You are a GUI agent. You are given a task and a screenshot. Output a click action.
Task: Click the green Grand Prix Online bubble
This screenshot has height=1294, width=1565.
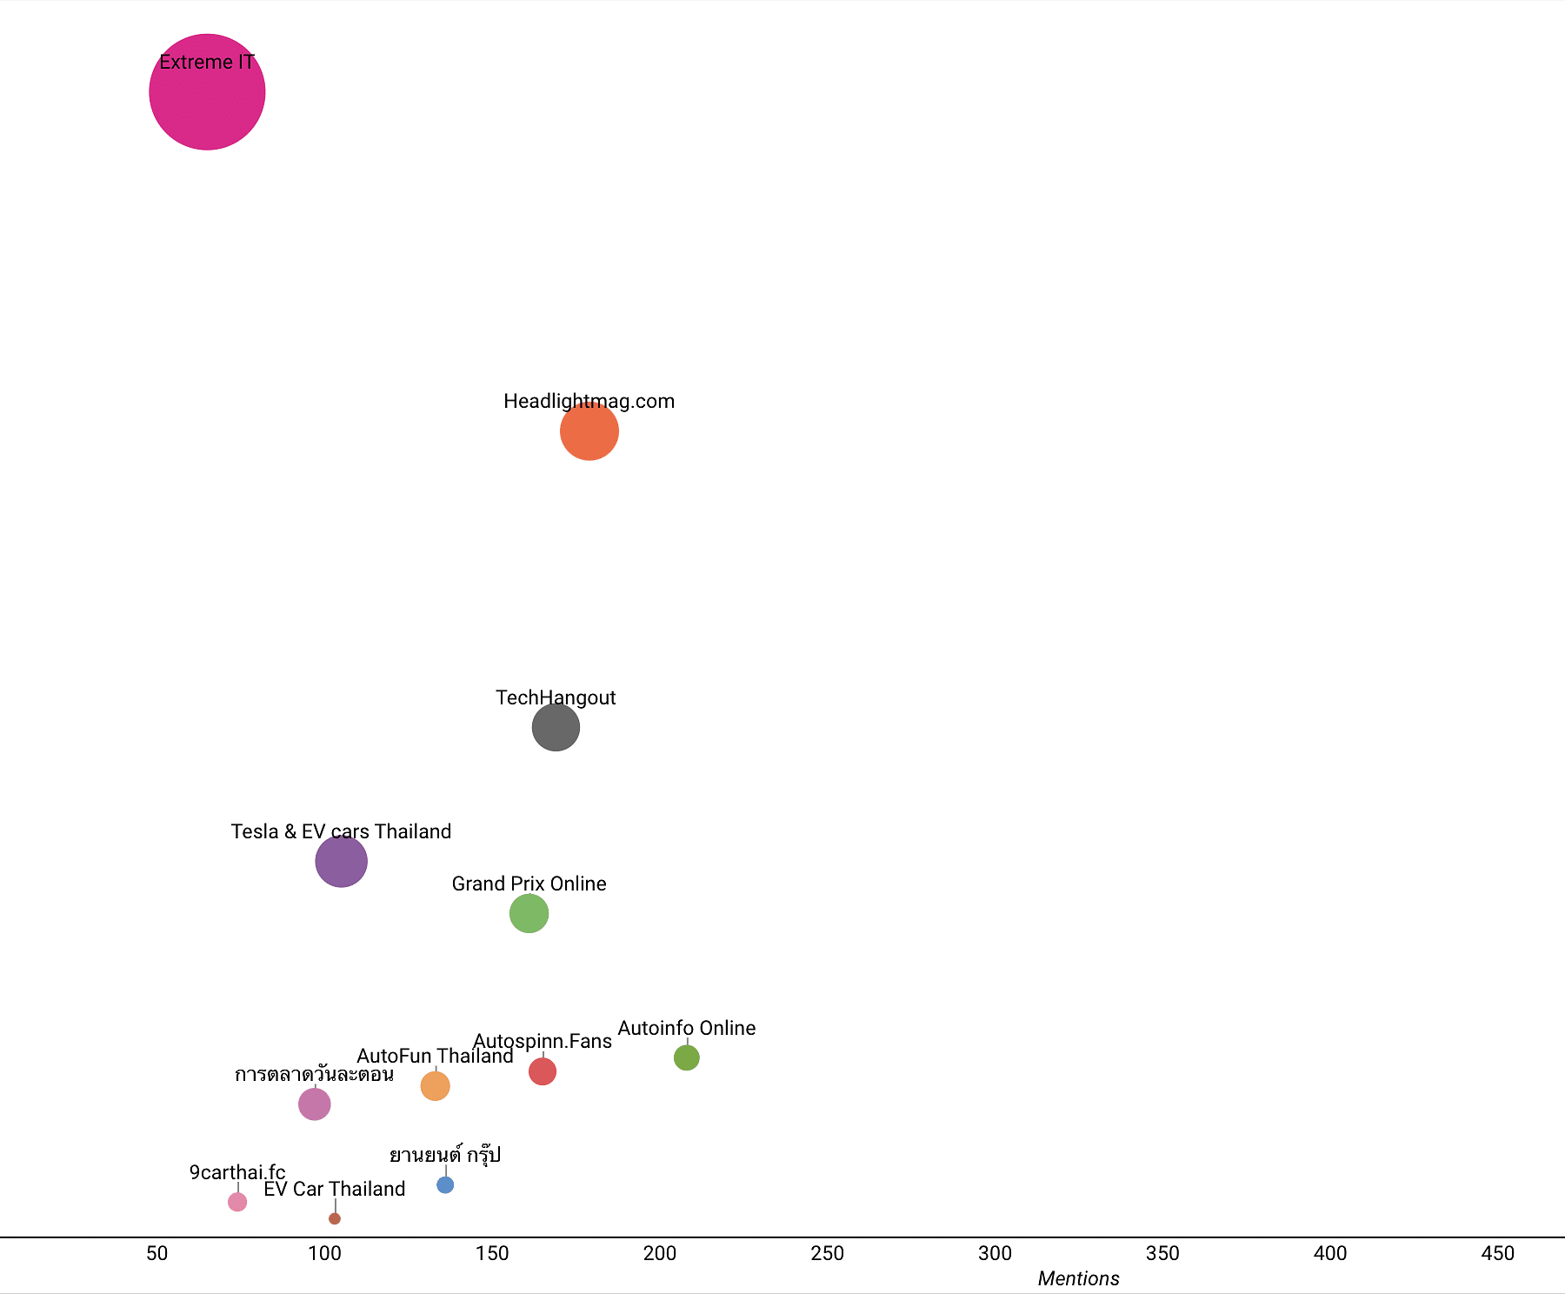point(529,914)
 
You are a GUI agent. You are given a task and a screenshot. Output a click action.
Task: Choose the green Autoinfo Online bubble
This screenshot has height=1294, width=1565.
point(687,1057)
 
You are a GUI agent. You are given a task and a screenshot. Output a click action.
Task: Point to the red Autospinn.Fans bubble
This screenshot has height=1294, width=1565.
point(543,1071)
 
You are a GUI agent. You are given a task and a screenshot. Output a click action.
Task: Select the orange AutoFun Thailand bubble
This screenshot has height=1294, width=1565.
point(435,1086)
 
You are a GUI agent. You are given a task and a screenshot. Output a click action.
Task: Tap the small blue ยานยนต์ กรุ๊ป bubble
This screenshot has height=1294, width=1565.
point(445,1184)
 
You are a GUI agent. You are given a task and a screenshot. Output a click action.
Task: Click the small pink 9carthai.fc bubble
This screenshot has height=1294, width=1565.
point(237,1202)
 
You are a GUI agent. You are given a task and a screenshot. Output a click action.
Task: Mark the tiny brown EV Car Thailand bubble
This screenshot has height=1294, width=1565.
point(335,1218)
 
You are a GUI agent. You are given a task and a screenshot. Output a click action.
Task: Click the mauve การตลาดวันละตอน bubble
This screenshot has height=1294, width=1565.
point(315,1104)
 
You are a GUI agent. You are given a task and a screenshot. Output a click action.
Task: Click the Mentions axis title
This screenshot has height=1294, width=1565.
point(1078,1278)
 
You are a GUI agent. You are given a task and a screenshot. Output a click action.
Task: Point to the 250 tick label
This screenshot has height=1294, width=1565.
point(828,1253)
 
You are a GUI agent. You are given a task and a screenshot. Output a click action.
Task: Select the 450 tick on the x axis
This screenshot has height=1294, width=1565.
point(1498,1253)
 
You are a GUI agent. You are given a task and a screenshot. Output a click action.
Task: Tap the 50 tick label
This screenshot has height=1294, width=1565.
point(157,1253)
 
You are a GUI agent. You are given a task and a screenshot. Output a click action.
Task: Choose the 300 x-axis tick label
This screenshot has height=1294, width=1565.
point(995,1253)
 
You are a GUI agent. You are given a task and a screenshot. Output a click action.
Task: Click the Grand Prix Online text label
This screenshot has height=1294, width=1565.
point(529,884)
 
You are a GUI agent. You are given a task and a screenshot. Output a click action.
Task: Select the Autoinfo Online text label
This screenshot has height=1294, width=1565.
point(687,1028)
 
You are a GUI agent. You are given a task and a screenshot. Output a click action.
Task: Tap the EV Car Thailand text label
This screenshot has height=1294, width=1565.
point(335,1189)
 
